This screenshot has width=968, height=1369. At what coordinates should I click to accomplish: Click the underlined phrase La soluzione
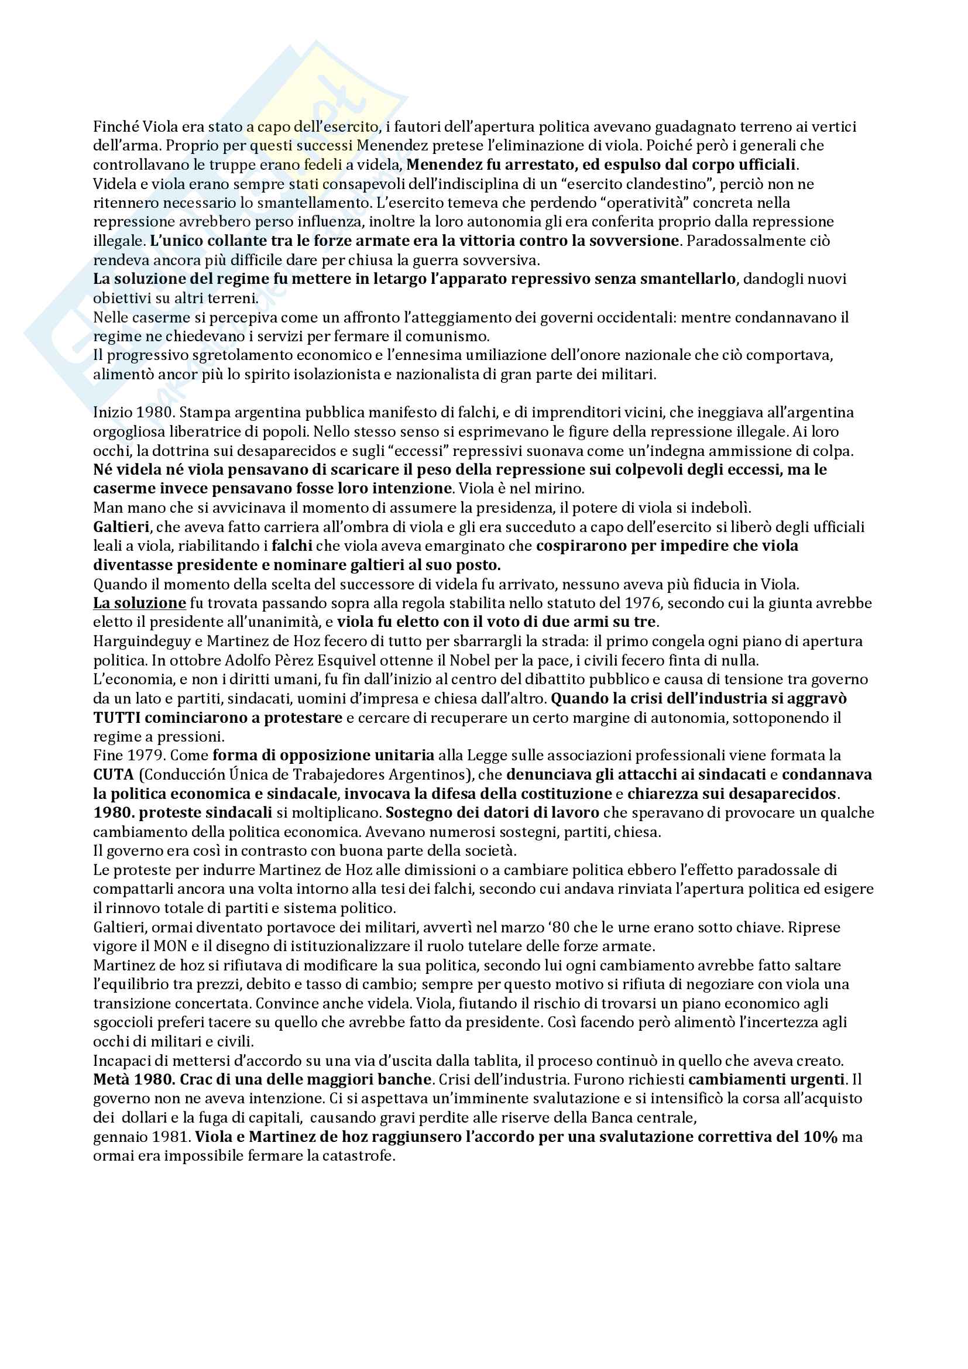139,603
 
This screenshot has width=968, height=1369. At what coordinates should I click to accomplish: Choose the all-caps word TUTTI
116,718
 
